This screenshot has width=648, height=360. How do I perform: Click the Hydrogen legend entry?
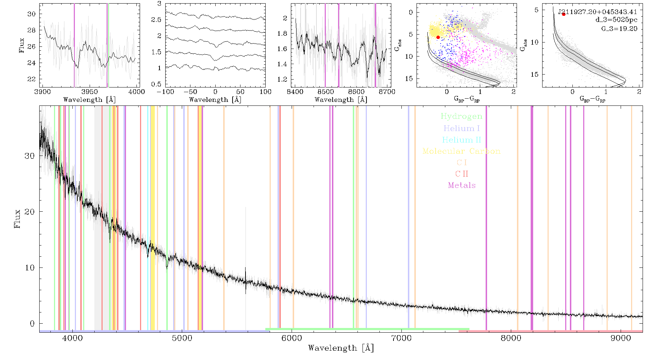461,117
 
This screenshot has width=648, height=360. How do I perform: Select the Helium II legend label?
462,140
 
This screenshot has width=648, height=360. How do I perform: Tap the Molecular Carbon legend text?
462,151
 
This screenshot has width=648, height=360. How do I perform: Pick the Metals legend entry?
462,185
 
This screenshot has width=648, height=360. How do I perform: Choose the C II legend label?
462,174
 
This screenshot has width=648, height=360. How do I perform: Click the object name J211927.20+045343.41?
598,12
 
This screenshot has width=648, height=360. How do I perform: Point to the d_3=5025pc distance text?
616,20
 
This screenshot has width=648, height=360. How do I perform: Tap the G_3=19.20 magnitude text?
619,29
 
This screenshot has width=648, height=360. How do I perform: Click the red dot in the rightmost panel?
563,14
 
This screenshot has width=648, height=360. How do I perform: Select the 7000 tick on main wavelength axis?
401,338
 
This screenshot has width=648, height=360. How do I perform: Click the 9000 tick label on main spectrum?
620,338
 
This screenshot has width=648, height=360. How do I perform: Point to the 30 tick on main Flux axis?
30,156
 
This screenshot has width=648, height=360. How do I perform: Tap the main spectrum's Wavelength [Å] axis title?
341,348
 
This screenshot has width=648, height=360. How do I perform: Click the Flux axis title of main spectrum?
17,218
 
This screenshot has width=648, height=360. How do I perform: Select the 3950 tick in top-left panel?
90,92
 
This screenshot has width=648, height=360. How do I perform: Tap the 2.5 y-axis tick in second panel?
156,20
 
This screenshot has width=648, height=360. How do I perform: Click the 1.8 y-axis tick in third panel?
283,33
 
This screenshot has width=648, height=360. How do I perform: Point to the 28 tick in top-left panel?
32,30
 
